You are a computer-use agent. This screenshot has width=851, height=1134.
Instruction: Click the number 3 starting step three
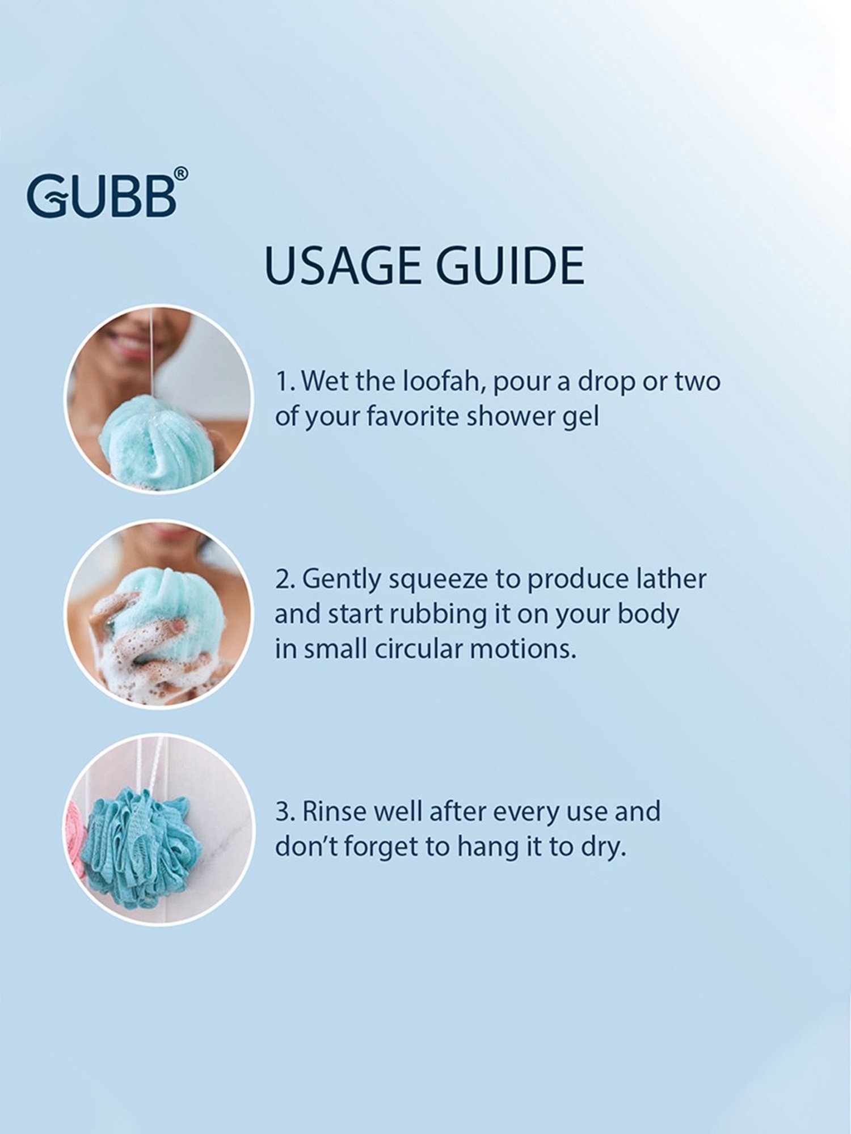pyautogui.click(x=283, y=812)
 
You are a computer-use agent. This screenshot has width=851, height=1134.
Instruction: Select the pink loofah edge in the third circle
pyautogui.click(x=74, y=833)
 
